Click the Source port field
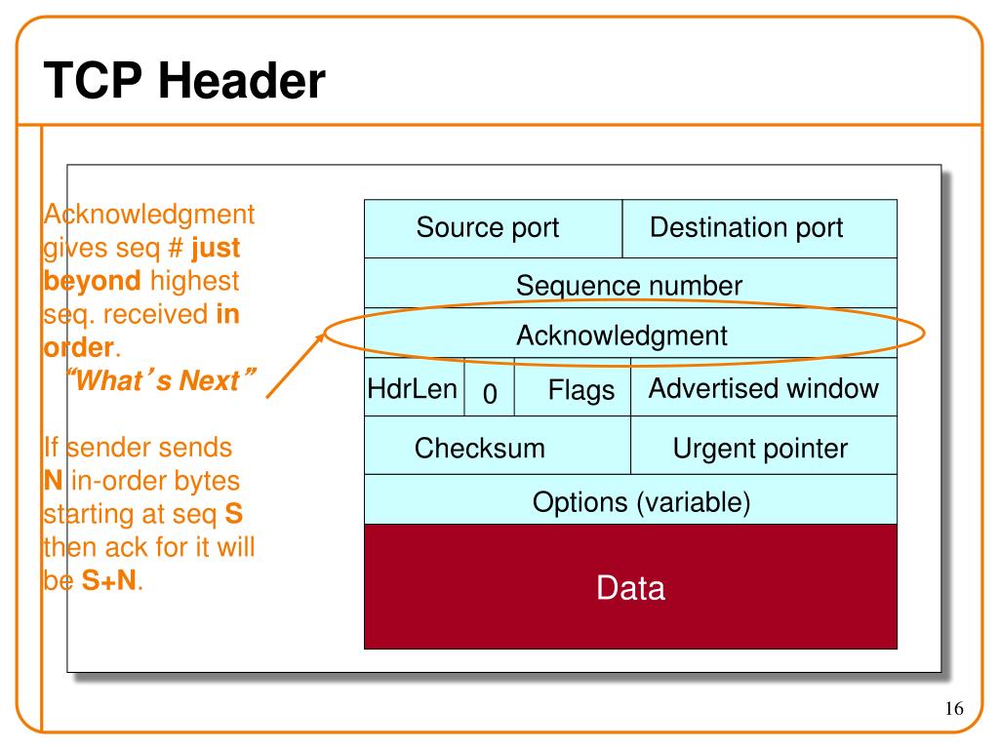493,228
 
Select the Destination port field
759,228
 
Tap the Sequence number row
631,284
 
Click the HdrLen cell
414,387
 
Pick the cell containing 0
490,387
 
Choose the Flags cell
573,387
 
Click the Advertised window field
764,387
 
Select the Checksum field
498,445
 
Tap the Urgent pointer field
764,445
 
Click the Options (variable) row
631,500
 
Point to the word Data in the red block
631,587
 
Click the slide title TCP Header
184,81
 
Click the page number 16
954,708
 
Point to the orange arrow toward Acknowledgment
296,365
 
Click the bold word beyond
93,281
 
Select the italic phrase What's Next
161,380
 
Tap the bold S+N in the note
109,580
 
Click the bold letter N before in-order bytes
54,480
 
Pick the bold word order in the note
78,348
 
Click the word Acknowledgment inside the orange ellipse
621,335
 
